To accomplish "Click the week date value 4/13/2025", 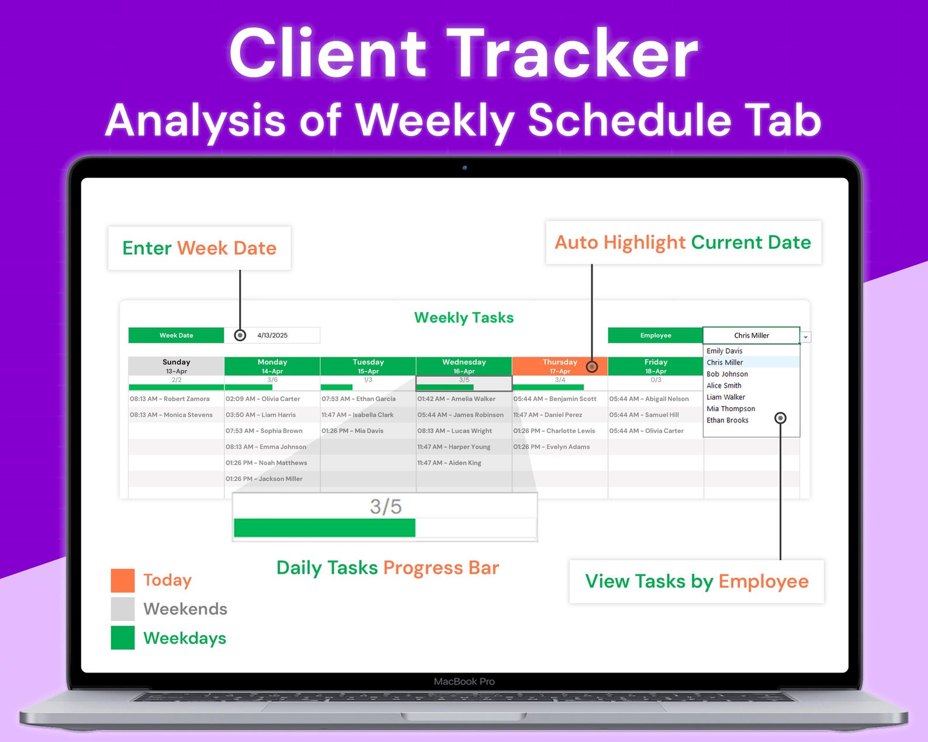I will pos(272,335).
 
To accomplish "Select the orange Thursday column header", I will pos(559,366).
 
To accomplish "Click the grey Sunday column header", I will pos(176,366).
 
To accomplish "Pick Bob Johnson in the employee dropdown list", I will pos(727,374).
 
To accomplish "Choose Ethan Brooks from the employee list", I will pos(727,420).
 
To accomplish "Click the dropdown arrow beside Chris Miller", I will pos(806,337).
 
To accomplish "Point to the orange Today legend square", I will pos(123,580).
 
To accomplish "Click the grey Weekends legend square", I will pos(123,609).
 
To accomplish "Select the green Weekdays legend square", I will pos(123,638).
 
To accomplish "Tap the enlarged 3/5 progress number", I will pos(386,507).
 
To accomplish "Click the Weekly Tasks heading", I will pos(464,318).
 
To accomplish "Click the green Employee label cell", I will pos(655,335).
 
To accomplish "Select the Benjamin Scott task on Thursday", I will pos(555,399).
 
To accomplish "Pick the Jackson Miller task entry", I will pos(264,479).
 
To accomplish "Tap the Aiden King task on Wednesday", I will pos(449,463).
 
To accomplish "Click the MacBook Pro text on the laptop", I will pos(464,681).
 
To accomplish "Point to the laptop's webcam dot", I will pos(465,168).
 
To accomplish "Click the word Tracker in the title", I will pos(572,54).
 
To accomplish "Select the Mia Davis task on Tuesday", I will pos(352,431).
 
